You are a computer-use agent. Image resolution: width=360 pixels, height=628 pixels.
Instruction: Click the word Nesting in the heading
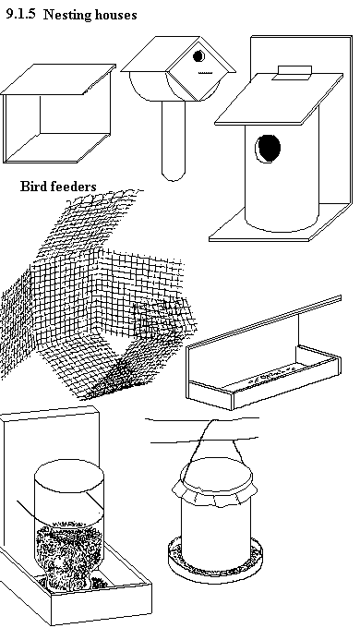click(68, 15)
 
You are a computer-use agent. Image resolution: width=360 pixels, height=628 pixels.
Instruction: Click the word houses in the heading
click(116, 15)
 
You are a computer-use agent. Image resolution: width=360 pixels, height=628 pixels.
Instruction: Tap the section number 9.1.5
click(20, 14)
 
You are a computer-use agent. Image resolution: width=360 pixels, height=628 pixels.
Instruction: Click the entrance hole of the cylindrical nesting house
click(268, 149)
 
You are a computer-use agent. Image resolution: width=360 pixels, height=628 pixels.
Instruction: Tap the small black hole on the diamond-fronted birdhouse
click(198, 56)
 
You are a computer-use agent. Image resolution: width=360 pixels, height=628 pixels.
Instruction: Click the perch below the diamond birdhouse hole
click(205, 73)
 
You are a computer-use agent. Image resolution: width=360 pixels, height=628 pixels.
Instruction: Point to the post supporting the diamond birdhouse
click(174, 140)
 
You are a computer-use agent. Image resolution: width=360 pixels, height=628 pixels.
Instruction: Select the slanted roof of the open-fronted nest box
click(58, 79)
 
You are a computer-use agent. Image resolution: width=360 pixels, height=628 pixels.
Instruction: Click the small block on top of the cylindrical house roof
click(293, 72)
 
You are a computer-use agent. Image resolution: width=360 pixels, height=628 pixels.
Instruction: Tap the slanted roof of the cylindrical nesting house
click(279, 99)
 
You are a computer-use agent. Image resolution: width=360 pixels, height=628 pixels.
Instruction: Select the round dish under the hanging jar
click(215, 560)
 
